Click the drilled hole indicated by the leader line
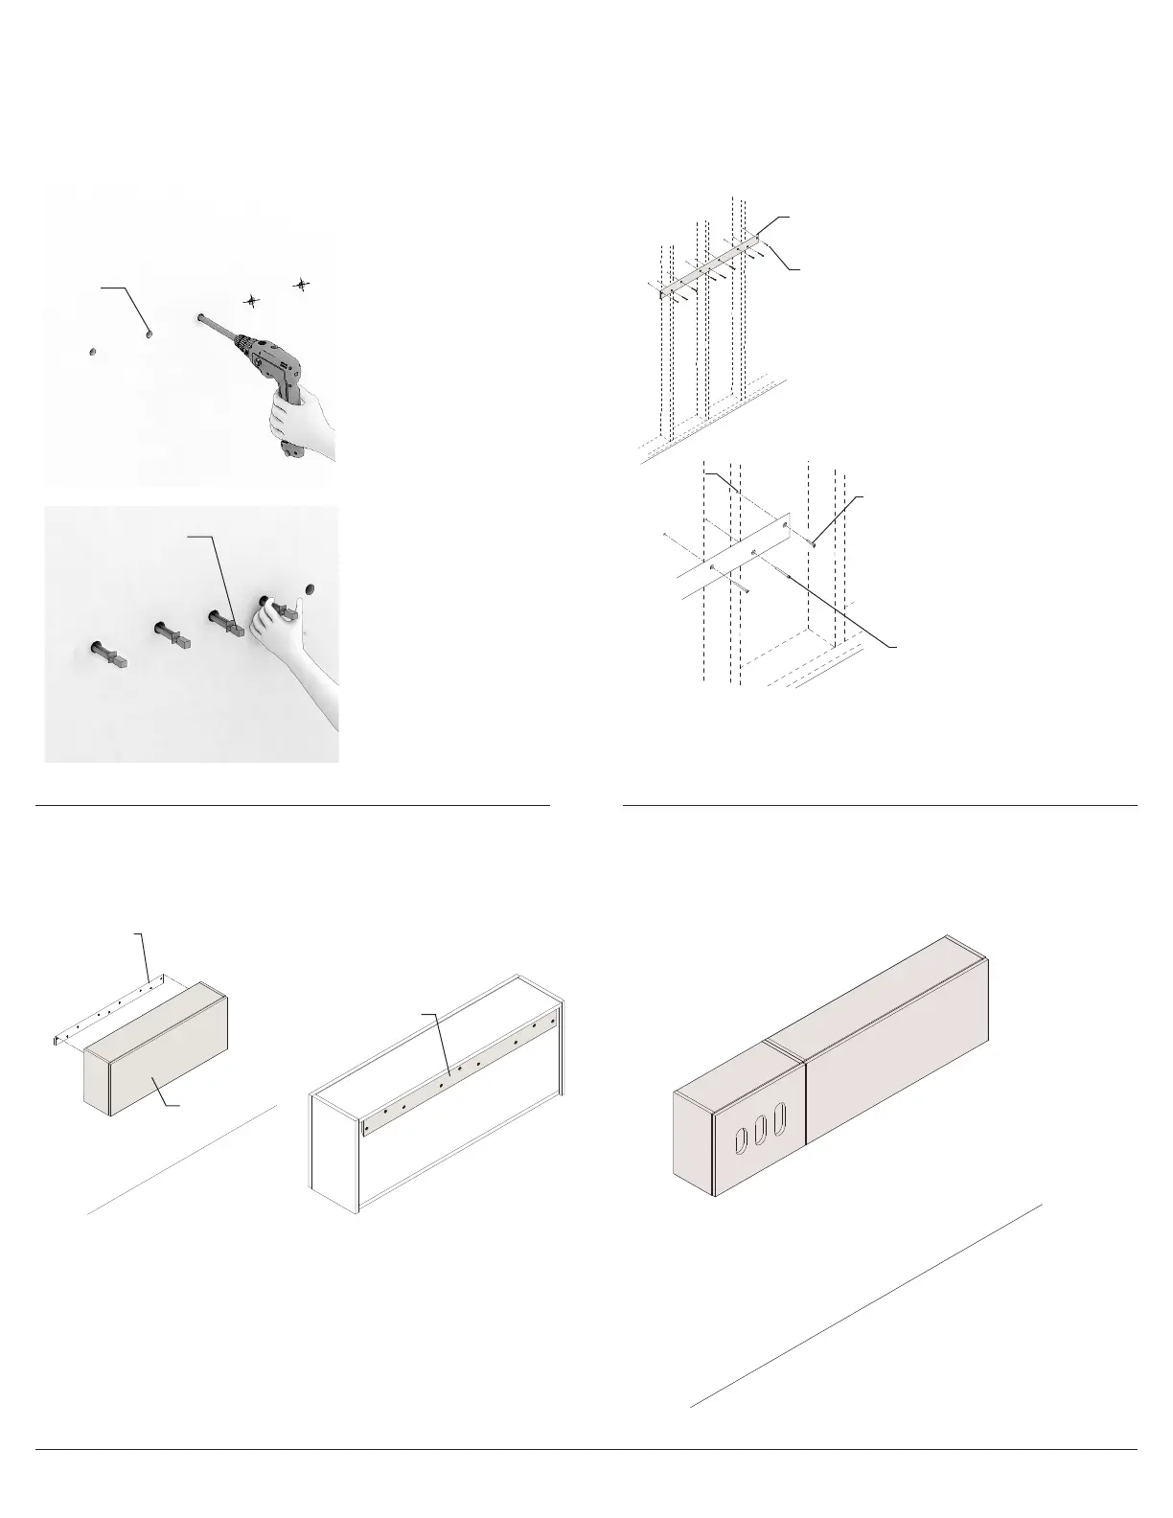pyautogui.click(x=149, y=334)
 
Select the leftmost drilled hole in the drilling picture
pyautogui.click(x=91, y=352)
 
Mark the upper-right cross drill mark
pyautogui.click(x=302, y=284)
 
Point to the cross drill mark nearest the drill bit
pyautogui.click(x=251, y=300)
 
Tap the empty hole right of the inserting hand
pyautogui.click(x=310, y=586)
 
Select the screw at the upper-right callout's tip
pyautogui.click(x=814, y=542)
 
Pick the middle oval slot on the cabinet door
pyautogui.click(x=762, y=1129)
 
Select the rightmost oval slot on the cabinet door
pyautogui.click(x=782, y=1117)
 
